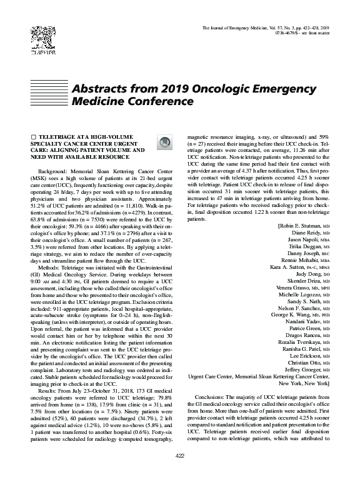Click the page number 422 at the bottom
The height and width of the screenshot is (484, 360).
pyautogui.click(x=180, y=471)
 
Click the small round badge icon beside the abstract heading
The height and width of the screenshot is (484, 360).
pyautogui.click(x=163, y=143)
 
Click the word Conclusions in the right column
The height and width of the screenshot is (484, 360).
pyautogui.click(x=215, y=397)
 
